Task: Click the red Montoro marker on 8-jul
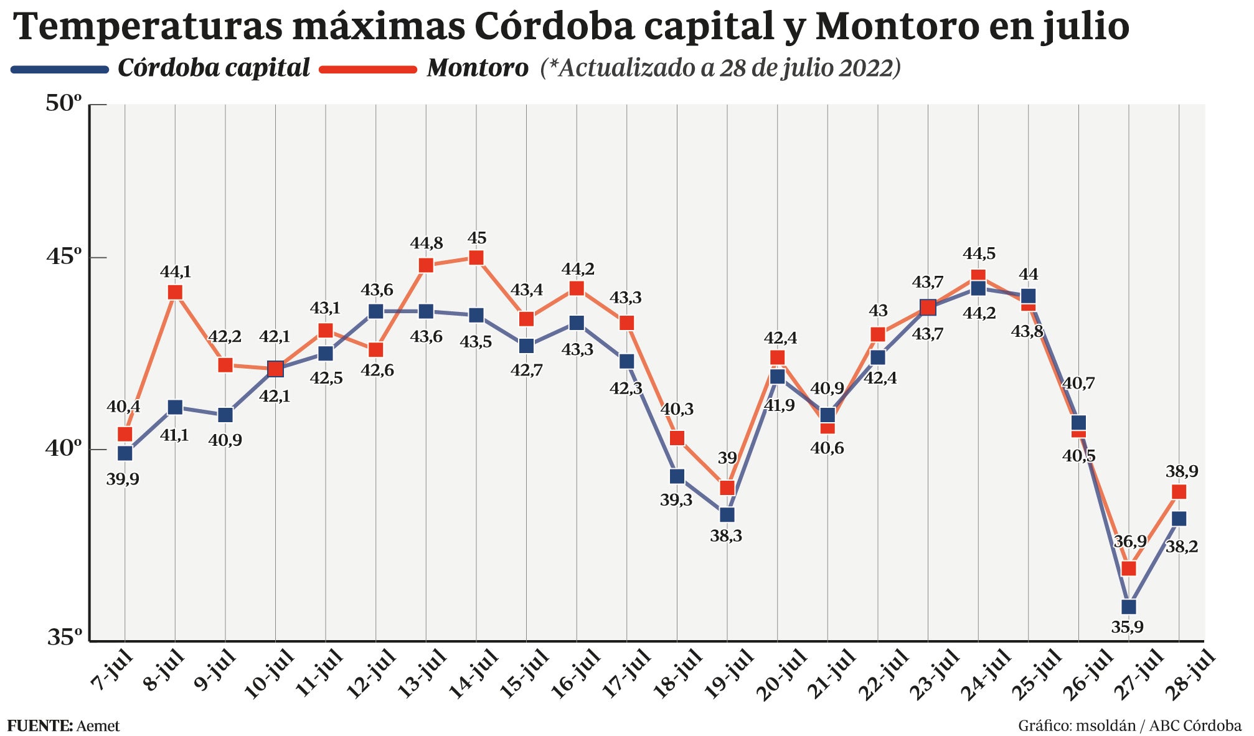tap(175, 293)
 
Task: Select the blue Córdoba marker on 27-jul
tap(1128, 606)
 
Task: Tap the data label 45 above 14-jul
tap(477, 238)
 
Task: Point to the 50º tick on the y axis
tap(64, 104)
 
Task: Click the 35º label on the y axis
tap(64, 637)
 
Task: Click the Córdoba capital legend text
tap(214, 68)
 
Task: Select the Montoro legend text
tap(478, 68)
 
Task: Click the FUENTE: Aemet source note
tap(64, 726)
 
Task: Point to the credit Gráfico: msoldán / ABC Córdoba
tap(1129, 726)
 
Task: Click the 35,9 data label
tap(1127, 627)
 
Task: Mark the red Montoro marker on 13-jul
tap(426, 265)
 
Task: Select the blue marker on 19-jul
tap(727, 514)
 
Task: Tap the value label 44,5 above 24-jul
tap(979, 254)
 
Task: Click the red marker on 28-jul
tap(1179, 492)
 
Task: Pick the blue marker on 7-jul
tap(125, 453)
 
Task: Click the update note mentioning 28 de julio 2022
tap(721, 68)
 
